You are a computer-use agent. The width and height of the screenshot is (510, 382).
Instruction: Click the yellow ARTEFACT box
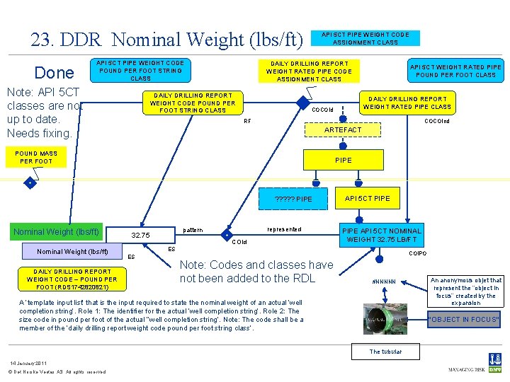(x=342, y=130)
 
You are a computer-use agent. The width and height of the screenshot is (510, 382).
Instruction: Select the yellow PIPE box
(x=343, y=161)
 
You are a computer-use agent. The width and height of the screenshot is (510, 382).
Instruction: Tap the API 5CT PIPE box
(x=367, y=198)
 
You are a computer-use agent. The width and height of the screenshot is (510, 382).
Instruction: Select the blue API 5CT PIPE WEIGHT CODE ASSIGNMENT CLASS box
(x=365, y=38)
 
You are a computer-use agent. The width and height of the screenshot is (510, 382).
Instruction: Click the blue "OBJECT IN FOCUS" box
(x=464, y=320)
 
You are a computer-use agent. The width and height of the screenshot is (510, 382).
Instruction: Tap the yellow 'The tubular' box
(x=385, y=352)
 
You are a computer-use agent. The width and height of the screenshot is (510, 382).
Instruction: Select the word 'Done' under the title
(x=55, y=73)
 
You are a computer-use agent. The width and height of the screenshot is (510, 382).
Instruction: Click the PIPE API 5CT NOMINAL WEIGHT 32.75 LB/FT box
(x=381, y=235)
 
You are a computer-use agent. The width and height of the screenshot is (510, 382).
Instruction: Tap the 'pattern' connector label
(x=193, y=231)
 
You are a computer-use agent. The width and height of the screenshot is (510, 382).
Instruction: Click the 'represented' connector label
(x=284, y=229)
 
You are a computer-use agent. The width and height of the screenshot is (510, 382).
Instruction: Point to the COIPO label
(x=419, y=253)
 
